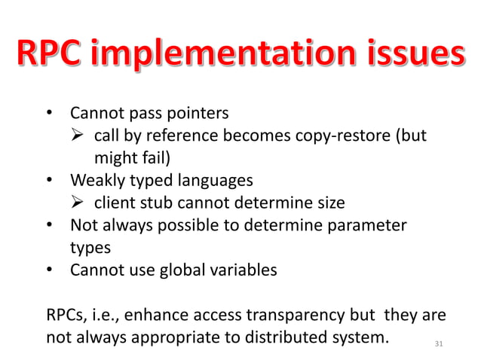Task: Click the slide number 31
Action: pos(440,344)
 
